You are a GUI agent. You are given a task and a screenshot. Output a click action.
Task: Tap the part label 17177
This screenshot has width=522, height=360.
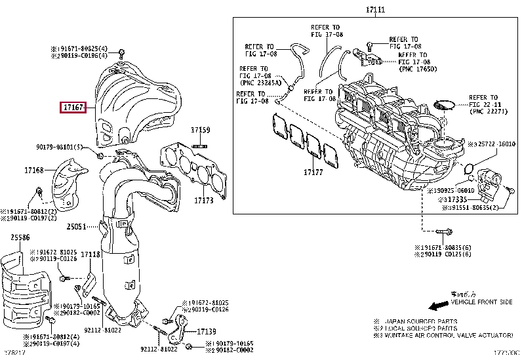pyautogui.click(x=314, y=172)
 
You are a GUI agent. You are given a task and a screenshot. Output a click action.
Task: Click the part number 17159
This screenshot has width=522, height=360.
pyautogui.click(x=201, y=130)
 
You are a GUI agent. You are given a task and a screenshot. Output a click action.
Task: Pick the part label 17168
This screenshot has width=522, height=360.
pyautogui.click(x=34, y=170)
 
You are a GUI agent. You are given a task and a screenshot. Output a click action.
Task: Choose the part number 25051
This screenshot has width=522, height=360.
pyautogui.click(x=76, y=227)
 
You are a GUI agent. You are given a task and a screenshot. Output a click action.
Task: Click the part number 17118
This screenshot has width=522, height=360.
pyautogui.click(x=90, y=253)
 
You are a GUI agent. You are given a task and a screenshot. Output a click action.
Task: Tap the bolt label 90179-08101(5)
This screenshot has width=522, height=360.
pyautogui.click(x=60, y=147)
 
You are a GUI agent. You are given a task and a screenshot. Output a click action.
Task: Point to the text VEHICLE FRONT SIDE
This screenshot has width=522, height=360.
pyautogui.click(x=481, y=302)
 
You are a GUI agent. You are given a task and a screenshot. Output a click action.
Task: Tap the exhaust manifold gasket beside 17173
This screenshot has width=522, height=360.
pyautogui.click(x=195, y=167)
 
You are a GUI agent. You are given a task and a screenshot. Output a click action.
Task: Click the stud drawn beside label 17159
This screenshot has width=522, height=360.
pyautogui.click(x=200, y=145)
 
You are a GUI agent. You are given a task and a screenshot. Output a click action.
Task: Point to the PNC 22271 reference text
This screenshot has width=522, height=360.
pyautogui.click(x=489, y=111)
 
